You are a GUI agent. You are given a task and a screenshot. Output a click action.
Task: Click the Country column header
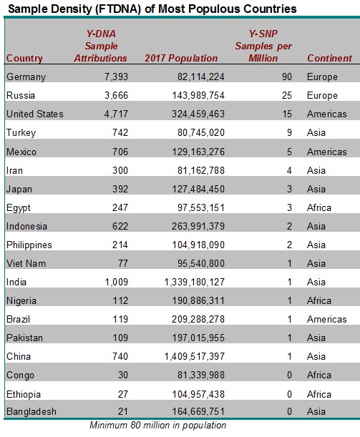(24, 58)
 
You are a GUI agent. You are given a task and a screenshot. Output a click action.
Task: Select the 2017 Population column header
(181, 58)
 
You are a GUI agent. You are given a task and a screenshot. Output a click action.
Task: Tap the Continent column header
(329, 58)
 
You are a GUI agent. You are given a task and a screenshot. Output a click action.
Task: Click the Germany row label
(26, 77)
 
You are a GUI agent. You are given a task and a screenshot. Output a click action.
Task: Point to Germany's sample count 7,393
(116, 77)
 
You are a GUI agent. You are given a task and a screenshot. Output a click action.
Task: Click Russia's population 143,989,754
(198, 96)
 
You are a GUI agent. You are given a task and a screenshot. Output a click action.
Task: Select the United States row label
(35, 114)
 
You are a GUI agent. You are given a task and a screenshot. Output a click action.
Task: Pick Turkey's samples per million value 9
(289, 132)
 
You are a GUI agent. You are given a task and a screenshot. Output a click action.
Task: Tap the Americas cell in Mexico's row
(327, 152)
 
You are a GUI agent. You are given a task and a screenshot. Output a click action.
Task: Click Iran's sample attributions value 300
(120, 170)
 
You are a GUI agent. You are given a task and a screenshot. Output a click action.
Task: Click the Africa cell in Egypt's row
(319, 207)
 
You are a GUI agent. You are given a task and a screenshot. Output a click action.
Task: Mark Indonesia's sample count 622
(120, 226)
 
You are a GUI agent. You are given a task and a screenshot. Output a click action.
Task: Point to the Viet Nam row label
(26, 263)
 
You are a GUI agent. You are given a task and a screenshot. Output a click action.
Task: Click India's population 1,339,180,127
(195, 282)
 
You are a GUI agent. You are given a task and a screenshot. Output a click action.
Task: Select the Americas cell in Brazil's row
(327, 319)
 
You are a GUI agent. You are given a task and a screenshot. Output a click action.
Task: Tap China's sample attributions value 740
(120, 356)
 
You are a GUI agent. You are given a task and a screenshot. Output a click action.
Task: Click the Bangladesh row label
(31, 412)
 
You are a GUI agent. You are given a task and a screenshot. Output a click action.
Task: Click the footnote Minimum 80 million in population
(158, 426)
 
